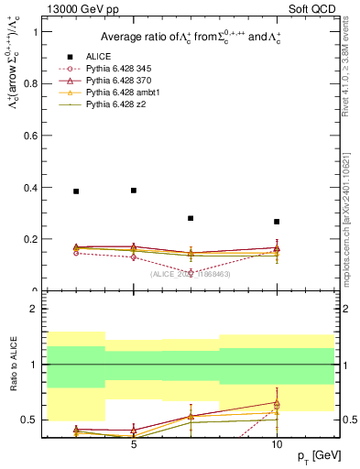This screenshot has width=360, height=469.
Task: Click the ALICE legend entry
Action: point(98,56)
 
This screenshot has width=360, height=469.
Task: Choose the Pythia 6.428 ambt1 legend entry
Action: point(123,93)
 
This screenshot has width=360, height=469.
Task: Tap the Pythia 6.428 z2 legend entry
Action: point(116,104)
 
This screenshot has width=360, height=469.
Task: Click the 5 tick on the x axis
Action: point(134,445)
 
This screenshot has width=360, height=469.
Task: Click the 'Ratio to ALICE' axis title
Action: point(12,365)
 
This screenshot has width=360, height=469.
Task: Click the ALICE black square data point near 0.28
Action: point(191,218)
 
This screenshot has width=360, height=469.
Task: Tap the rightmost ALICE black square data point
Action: point(277,222)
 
